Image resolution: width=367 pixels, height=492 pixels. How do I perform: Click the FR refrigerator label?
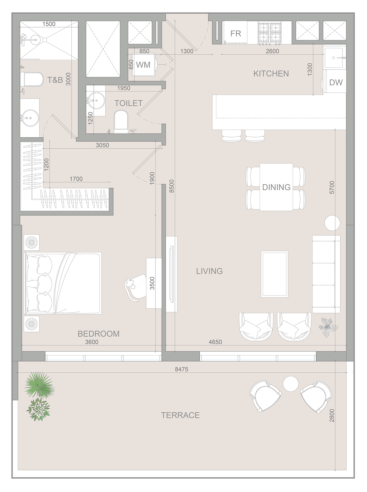click(x=235, y=34)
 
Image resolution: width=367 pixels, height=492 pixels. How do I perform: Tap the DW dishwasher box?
click(x=336, y=82)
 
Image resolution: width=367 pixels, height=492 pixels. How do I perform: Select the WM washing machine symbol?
click(x=143, y=65)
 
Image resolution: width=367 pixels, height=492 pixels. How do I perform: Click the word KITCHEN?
click(x=271, y=74)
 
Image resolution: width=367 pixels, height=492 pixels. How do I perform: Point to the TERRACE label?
click(x=180, y=415)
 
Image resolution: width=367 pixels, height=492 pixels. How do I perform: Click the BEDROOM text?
click(x=99, y=334)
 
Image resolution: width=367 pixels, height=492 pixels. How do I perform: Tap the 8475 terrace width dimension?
click(x=181, y=369)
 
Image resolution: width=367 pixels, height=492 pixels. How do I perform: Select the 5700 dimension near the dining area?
click(x=332, y=187)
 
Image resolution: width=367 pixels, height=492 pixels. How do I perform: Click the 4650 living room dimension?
click(x=215, y=342)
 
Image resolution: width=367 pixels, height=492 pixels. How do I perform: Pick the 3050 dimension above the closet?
click(x=102, y=145)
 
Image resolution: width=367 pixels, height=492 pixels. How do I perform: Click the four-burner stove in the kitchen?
click(x=269, y=33)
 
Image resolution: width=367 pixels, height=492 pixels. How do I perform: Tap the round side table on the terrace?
click(x=290, y=384)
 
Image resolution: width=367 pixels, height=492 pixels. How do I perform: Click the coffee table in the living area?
click(x=274, y=274)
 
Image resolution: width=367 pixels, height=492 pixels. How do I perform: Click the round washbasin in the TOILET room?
click(x=96, y=100)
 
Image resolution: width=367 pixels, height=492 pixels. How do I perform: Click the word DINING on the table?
click(x=276, y=187)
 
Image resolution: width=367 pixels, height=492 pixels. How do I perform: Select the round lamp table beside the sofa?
click(x=332, y=223)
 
